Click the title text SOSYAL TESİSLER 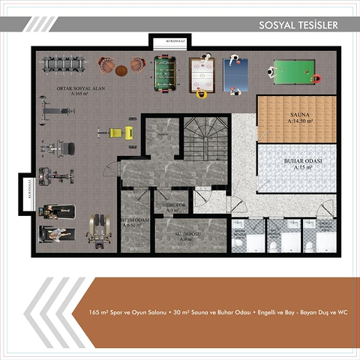pyautogui.click(x=298, y=25)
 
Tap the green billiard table pyautogui.click(x=295, y=71)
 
